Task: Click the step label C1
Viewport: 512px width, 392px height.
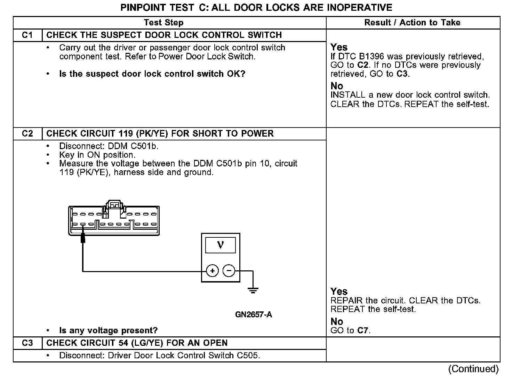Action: pyautogui.click(x=27, y=35)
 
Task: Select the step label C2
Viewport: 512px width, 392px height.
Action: pyautogui.click(x=27, y=134)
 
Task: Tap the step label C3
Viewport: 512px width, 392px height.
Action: pyautogui.click(x=27, y=343)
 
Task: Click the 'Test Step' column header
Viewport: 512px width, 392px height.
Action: pyautogui.click(x=163, y=23)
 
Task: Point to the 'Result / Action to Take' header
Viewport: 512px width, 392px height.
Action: pyautogui.click(x=412, y=23)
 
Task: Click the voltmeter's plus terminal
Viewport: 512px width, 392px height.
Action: pyautogui.click(x=212, y=271)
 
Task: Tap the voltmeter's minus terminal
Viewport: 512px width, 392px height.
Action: pyautogui.click(x=229, y=271)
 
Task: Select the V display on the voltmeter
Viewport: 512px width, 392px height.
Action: pyautogui.click(x=220, y=245)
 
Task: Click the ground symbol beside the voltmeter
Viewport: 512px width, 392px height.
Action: pyautogui.click(x=253, y=291)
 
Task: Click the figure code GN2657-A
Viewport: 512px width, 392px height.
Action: pyautogui.click(x=254, y=315)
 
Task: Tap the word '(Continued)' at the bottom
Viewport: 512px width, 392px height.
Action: pyautogui.click(x=473, y=369)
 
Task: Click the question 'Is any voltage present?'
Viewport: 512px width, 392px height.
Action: pyautogui.click(x=108, y=330)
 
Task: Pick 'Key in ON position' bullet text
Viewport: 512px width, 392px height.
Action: pyautogui.click(x=97, y=155)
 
